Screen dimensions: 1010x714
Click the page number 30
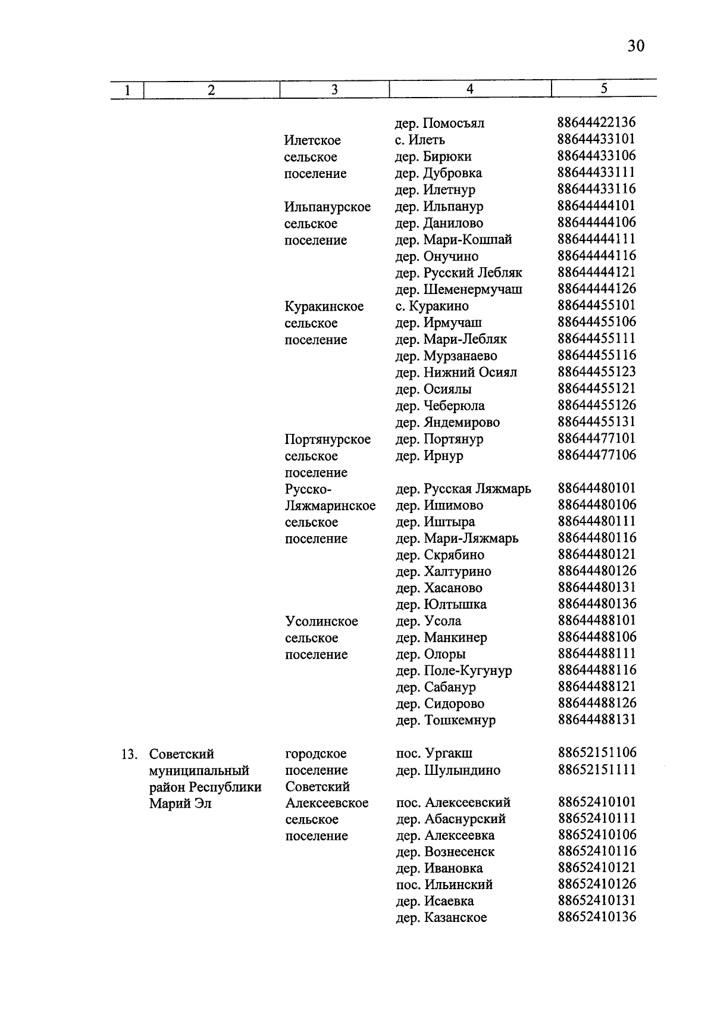(635, 46)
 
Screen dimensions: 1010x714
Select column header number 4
(469, 89)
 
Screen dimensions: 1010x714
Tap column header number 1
(127, 90)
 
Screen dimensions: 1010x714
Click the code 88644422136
(596, 123)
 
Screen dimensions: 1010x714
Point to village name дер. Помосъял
(440, 123)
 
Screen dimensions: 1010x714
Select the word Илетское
(312, 140)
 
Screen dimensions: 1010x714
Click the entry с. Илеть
(419, 140)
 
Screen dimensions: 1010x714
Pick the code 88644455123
(596, 372)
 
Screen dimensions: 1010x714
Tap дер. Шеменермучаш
(459, 290)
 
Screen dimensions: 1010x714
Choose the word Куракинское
(324, 307)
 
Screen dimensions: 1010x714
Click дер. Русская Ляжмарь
(464, 489)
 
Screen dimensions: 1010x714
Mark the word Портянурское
(327, 439)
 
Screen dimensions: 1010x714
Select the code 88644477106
(596, 455)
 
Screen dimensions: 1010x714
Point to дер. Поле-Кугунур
(453, 671)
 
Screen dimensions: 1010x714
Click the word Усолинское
(321, 621)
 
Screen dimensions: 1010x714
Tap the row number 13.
(129, 754)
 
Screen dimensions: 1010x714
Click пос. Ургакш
(434, 753)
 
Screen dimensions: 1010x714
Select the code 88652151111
(596, 770)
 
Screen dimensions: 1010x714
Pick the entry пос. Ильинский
(444, 884)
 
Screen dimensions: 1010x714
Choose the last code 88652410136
(596, 917)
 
